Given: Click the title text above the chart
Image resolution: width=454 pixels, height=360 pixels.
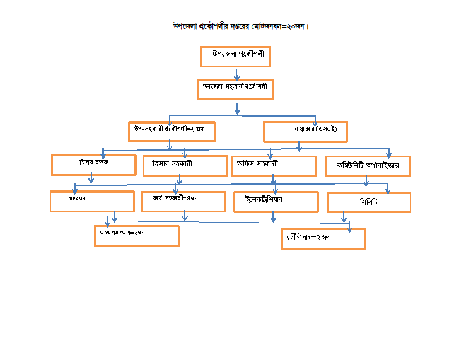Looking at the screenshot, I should (241, 26).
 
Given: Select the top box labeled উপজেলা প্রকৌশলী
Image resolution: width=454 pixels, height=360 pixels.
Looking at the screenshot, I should (235, 56).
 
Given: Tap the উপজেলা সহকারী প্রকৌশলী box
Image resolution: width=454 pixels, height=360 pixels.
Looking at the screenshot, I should (235, 89).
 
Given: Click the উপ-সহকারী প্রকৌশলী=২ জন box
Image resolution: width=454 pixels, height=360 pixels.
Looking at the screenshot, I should (172, 131).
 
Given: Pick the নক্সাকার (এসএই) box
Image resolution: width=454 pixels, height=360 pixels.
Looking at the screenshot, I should (305, 131).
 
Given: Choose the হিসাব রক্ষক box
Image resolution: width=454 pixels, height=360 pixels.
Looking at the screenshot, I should (93, 165).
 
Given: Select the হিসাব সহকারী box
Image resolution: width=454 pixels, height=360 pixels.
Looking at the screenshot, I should (185, 165).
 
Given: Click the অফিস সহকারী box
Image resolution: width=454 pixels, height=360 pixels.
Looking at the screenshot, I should (274, 166).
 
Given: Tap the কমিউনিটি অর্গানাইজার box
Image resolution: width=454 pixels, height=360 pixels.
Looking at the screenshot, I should (368, 166).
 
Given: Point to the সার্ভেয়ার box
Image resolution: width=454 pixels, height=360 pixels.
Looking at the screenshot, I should (92, 201).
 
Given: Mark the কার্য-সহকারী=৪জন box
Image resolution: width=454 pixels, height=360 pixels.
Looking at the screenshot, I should (183, 201).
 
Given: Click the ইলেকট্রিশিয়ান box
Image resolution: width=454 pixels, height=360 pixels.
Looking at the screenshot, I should (276, 202).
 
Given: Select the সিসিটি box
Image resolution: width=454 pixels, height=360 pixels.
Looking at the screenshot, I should (368, 202).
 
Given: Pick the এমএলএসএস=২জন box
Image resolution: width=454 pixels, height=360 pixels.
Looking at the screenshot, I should (136, 235).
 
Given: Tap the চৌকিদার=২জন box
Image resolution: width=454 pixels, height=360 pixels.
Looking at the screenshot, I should (323, 239).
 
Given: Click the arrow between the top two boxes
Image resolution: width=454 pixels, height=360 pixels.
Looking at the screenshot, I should (236, 72).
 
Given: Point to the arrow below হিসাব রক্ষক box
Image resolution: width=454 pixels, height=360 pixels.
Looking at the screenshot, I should (91, 179).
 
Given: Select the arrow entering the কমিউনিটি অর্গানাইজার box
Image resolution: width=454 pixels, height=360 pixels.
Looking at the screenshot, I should (388, 153).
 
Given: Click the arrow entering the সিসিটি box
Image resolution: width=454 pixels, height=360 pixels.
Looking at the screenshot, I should (388, 189).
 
